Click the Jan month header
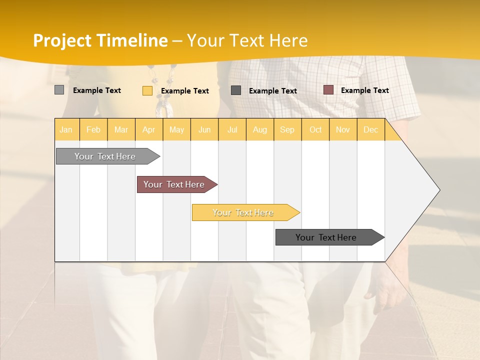(66, 130)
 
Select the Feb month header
(93, 130)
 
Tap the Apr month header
(148, 130)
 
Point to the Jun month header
(204, 130)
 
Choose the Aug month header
(259, 130)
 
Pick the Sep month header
(287, 130)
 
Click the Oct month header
(315, 130)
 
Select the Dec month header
(370, 130)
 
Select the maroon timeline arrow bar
(175, 184)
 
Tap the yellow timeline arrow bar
(244, 212)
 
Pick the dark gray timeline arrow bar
(327, 237)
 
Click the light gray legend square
(59, 90)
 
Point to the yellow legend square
(147, 90)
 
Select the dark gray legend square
(236, 90)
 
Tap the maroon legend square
(328, 89)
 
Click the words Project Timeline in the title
(100, 40)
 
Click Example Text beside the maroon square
(364, 90)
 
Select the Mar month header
(121, 130)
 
